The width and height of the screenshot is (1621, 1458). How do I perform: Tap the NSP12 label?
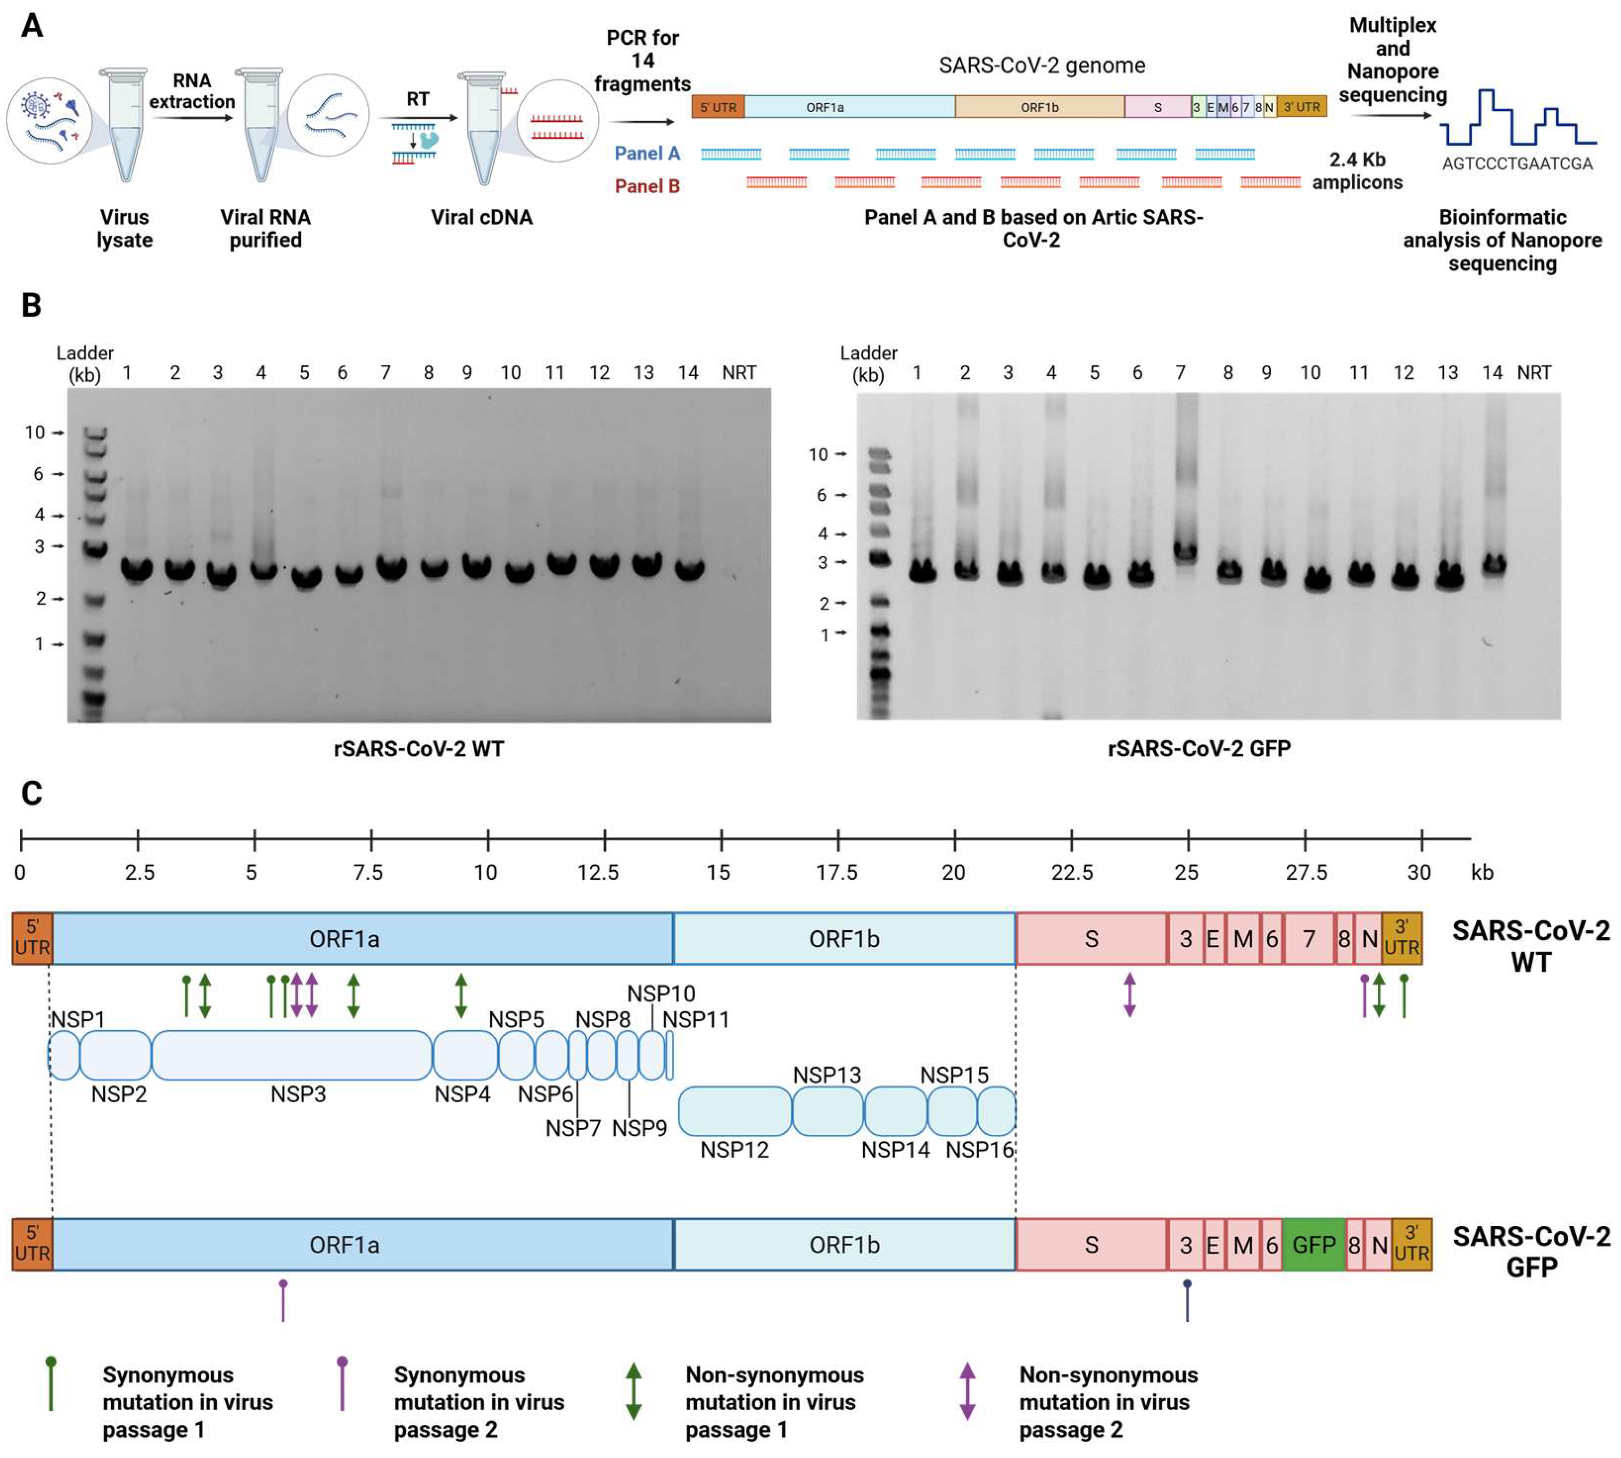pos(734,1150)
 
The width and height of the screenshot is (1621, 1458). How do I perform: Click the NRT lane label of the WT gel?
pos(738,373)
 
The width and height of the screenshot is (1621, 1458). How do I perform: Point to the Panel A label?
pos(647,154)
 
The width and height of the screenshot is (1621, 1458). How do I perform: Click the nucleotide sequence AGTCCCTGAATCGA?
pos(1517,164)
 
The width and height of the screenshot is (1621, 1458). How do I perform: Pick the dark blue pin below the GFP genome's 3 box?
pos(1187,1301)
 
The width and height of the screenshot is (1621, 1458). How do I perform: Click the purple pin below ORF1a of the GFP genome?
pos(283,1301)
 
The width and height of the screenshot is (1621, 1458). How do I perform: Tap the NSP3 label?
pos(298,1094)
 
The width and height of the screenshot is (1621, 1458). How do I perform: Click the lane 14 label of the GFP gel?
pos(1491,373)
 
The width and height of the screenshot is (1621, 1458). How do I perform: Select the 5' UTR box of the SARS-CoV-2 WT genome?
pos(32,938)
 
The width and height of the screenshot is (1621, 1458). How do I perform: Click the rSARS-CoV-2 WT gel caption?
pos(418,749)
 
